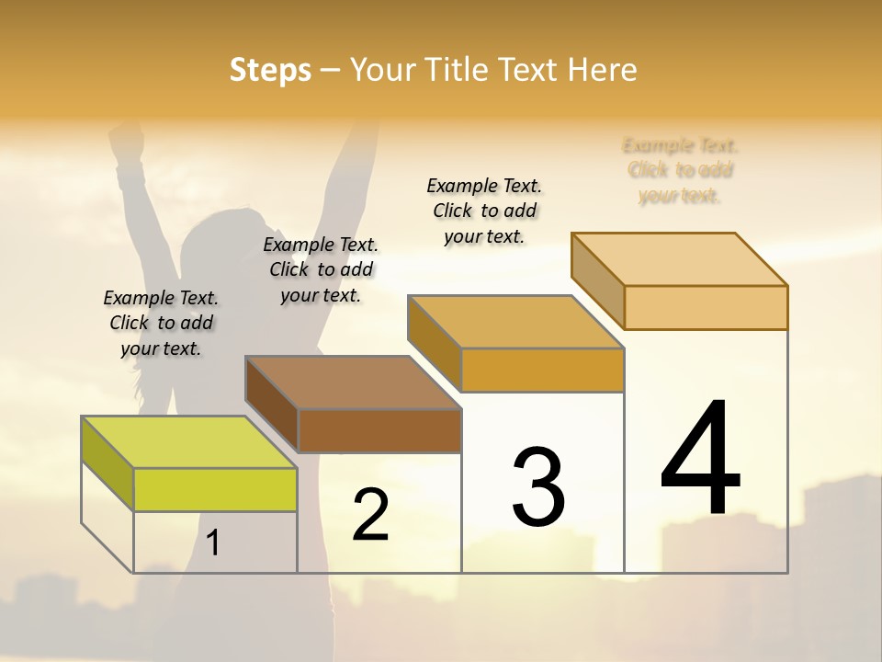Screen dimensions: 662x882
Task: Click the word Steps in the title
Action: (x=270, y=70)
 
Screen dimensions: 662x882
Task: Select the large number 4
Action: (x=700, y=460)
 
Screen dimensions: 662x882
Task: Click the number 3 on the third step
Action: (x=538, y=487)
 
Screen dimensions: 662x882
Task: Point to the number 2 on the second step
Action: (x=371, y=515)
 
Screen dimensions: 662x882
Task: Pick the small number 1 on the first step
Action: (x=213, y=542)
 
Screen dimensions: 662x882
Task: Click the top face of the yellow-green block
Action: (x=189, y=442)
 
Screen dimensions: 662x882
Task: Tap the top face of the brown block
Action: (x=353, y=382)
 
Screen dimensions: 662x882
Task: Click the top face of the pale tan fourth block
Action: (x=680, y=259)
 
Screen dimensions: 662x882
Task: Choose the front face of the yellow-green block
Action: (x=215, y=489)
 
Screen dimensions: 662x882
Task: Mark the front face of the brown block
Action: (x=379, y=430)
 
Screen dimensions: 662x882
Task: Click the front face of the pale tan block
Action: (x=706, y=307)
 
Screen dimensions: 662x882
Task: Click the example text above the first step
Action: (x=161, y=323)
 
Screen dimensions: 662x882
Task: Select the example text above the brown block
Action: (x=321, y=269)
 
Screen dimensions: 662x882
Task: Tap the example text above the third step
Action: (x=484, y=211)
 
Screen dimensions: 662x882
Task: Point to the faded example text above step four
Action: (x=680, y=170)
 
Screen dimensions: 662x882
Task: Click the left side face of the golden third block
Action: (x=434, y=342)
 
